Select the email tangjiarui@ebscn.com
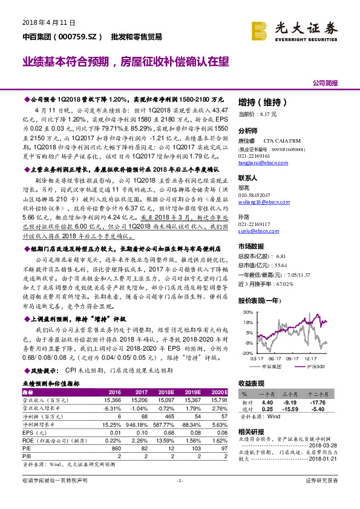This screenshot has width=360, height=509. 260,163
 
